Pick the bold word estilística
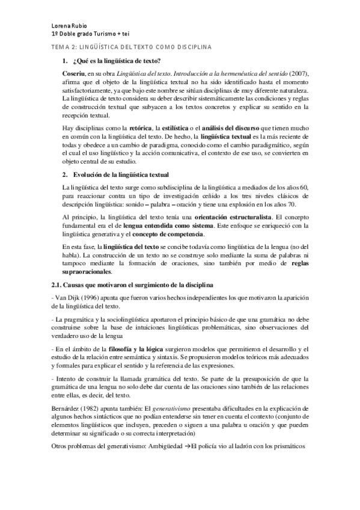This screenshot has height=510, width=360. (178, 128)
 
